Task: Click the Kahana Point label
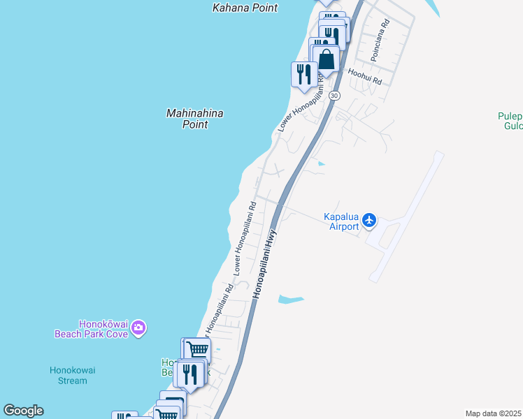245,8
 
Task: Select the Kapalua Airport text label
341,221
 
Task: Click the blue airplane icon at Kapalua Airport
370,221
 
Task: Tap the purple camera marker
138,328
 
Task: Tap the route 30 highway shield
335,95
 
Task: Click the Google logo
23,411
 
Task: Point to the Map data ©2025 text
494,413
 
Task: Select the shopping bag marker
326,59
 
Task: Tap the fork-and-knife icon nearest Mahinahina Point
304,74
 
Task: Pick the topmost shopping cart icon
198,349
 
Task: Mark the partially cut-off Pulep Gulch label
510,121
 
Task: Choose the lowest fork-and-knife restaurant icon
189,375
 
